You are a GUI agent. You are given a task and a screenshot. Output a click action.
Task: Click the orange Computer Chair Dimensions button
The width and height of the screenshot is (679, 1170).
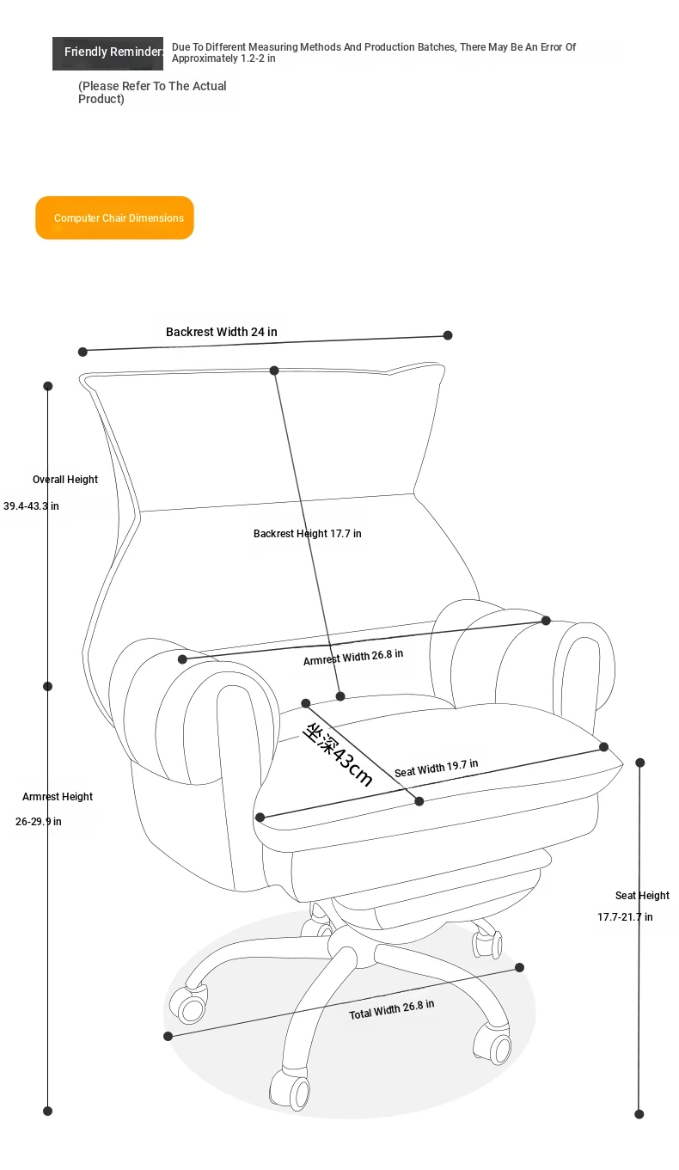(114, 217)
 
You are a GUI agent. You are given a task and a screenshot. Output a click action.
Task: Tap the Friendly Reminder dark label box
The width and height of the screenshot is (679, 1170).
(107, 53)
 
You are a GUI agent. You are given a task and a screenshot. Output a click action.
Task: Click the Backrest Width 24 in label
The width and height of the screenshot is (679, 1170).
(222, 332)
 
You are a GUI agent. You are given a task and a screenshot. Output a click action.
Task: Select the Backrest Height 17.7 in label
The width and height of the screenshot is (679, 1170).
(307, 533)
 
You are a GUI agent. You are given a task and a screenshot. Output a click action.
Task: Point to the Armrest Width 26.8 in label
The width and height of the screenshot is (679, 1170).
(353, 657)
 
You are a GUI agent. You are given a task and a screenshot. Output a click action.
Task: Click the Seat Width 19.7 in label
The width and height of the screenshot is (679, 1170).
(436, 768)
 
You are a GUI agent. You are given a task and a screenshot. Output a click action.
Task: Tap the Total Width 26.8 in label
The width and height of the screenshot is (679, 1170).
(391, 1009)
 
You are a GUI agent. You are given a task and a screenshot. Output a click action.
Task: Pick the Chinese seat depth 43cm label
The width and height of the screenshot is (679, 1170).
(338, 755)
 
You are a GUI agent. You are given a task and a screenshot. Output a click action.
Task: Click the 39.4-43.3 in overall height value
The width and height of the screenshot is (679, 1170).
(31, 505)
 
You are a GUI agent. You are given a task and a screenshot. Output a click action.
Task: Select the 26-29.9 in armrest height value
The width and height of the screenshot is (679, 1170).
(38, 822)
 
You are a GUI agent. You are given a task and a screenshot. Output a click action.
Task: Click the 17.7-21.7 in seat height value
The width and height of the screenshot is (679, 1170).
(625, 916)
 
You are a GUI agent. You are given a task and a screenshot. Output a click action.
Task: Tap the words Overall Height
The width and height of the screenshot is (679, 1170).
(65, 480)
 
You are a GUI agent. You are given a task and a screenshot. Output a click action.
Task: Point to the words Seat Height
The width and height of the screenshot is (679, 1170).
(642, 895)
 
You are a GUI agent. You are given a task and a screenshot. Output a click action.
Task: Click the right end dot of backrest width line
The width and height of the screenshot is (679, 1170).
(448, 335)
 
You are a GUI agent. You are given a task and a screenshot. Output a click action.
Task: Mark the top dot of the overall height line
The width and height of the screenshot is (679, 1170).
(48, 386)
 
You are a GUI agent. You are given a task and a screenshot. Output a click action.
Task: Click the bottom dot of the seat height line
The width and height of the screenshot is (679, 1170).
(639, 1114)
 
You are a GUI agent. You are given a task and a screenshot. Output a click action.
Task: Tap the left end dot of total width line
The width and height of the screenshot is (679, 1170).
(168, 1036)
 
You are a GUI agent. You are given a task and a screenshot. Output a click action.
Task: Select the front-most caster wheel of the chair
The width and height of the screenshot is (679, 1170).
(290, 1092)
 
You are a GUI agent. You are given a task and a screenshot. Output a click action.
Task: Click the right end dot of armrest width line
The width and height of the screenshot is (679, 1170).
(546, 621)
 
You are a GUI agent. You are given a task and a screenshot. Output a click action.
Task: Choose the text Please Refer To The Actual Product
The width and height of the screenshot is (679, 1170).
(152, 93)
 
